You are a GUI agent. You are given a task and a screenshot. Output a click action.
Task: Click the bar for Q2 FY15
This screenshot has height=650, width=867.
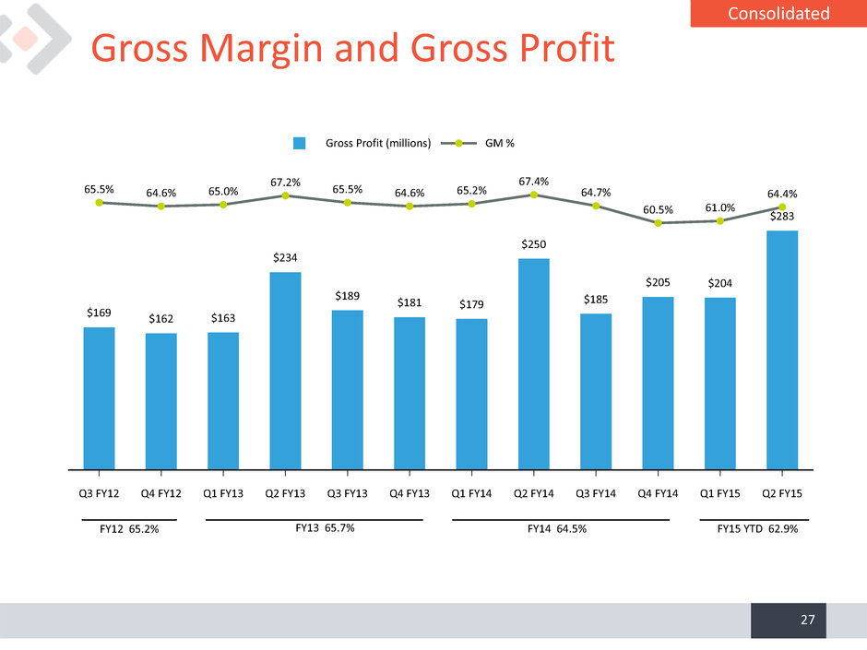coord(782,349)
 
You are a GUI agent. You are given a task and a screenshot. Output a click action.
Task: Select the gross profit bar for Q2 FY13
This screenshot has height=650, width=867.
coord(285,371)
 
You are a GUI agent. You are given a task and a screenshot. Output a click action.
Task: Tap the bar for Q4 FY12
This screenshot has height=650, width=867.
coord(160,401)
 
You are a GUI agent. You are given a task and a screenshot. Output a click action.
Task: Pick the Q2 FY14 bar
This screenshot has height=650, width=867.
coord(534,364)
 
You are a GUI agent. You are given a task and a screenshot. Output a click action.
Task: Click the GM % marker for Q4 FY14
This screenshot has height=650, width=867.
coord(658,223)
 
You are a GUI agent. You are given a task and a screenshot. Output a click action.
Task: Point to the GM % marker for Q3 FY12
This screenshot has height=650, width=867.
coord(99,203)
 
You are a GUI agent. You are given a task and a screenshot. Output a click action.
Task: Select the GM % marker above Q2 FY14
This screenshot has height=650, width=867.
coord(534,195)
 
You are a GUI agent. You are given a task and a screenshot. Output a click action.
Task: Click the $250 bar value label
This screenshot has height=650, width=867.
coord(534,244)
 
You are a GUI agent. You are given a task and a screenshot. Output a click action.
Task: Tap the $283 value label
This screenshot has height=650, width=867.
coord(782,216)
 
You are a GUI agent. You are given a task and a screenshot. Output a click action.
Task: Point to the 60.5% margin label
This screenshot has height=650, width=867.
coord(658,210)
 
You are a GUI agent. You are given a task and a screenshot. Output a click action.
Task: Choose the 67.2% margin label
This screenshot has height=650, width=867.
coord(285,183)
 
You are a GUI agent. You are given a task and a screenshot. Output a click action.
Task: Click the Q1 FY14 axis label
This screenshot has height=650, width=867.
coord(471,493)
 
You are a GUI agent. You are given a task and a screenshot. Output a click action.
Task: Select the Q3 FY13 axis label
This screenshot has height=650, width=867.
coord(347,493)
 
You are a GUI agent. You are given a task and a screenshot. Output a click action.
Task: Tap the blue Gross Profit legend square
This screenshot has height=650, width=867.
coord(299,143)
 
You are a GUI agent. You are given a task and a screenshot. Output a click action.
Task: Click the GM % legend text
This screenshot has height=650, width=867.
coord(500,143)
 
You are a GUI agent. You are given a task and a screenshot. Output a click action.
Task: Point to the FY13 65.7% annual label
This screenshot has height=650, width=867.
coord(325,528)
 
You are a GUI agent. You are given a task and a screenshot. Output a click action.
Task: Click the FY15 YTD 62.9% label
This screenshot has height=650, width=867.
coord(757,529)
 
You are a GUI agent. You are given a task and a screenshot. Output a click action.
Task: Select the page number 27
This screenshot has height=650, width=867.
coord(808,620)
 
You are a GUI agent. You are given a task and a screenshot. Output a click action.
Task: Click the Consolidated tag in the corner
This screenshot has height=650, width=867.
coord(778,13)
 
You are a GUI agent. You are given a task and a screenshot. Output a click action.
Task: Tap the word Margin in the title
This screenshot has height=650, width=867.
coord(261,49)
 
